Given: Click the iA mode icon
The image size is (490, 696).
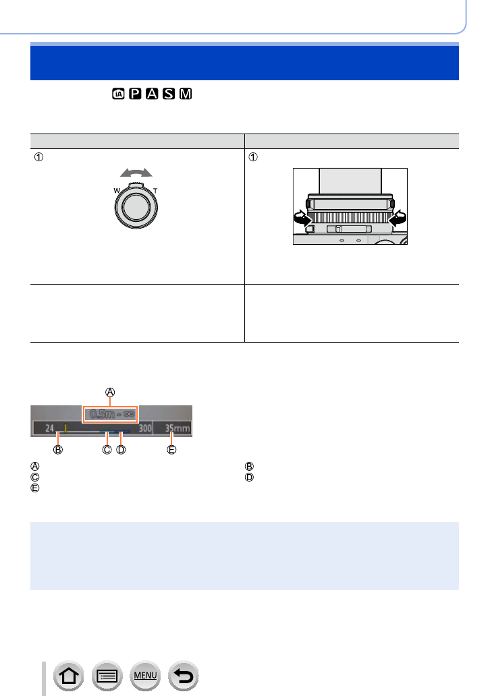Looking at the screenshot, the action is pyautogui.click(x=118, y=94).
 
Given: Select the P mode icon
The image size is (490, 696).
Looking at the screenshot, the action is pyautogui.click(x=135, y=94).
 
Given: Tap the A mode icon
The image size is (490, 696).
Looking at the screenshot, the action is pyautogui.click(x=152, y=94).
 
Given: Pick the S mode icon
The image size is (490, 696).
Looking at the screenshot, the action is pyautogui.click(x=169, y=94).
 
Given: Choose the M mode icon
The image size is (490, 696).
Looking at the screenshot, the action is pyautogui.click(x=186, y=94).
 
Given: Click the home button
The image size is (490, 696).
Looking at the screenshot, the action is pyautogui.click(x=69, y=676).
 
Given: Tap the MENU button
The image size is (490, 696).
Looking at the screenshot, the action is pyautogui.click(x=145, y=676).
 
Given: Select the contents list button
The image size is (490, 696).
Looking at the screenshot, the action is pyautogui.click(x=107, y=676).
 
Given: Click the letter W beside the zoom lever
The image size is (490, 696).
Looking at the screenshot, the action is pyautogui.click(x=117, y=191).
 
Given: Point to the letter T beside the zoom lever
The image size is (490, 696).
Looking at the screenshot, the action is pyautogui.click(x=155, y=191).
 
